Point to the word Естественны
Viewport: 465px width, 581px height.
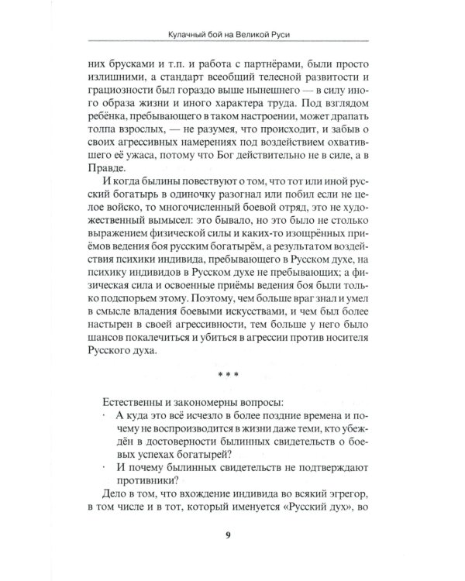tap(137, 404)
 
